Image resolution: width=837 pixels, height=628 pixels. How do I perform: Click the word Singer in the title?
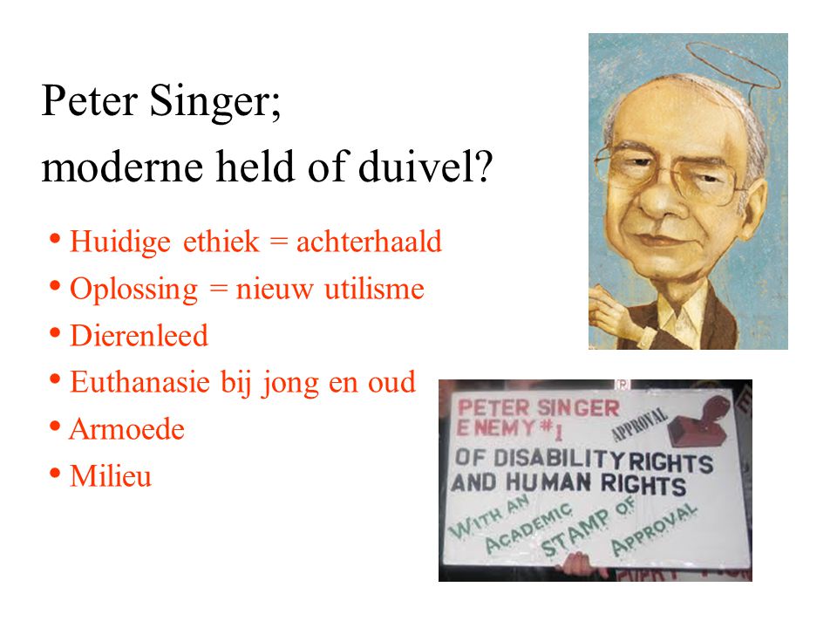pyautogui.click(x=214, y=101)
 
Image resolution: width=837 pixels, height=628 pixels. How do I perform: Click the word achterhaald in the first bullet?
pyautogui.click(x=369, y=241)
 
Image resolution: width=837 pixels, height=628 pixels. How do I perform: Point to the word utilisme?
pyautogui.click(x=374, y=289)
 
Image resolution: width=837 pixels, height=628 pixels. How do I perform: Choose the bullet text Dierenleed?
pyautogui.click(x=139, y=336)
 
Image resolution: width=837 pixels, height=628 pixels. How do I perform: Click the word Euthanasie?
pyautogui.click(x=139, y=382)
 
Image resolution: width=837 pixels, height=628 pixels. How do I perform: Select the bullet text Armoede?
pyautogui.click(x=127, y=429)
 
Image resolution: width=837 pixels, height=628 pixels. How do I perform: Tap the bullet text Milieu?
pyautogui.click(x=111, y=476)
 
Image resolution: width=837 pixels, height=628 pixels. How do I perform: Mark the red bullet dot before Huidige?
pyautogui.click(x=54, y=238)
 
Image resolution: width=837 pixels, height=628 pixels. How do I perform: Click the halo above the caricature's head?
pyautogui.click(x=732, y=63)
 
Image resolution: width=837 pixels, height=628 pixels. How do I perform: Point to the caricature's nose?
pyautogui.click(x=660, y=203)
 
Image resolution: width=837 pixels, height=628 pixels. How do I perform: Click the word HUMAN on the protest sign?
pyautogui.click(x=548, y=482)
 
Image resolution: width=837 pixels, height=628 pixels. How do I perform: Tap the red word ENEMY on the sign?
pyautogui.click(x=496, y=427)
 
